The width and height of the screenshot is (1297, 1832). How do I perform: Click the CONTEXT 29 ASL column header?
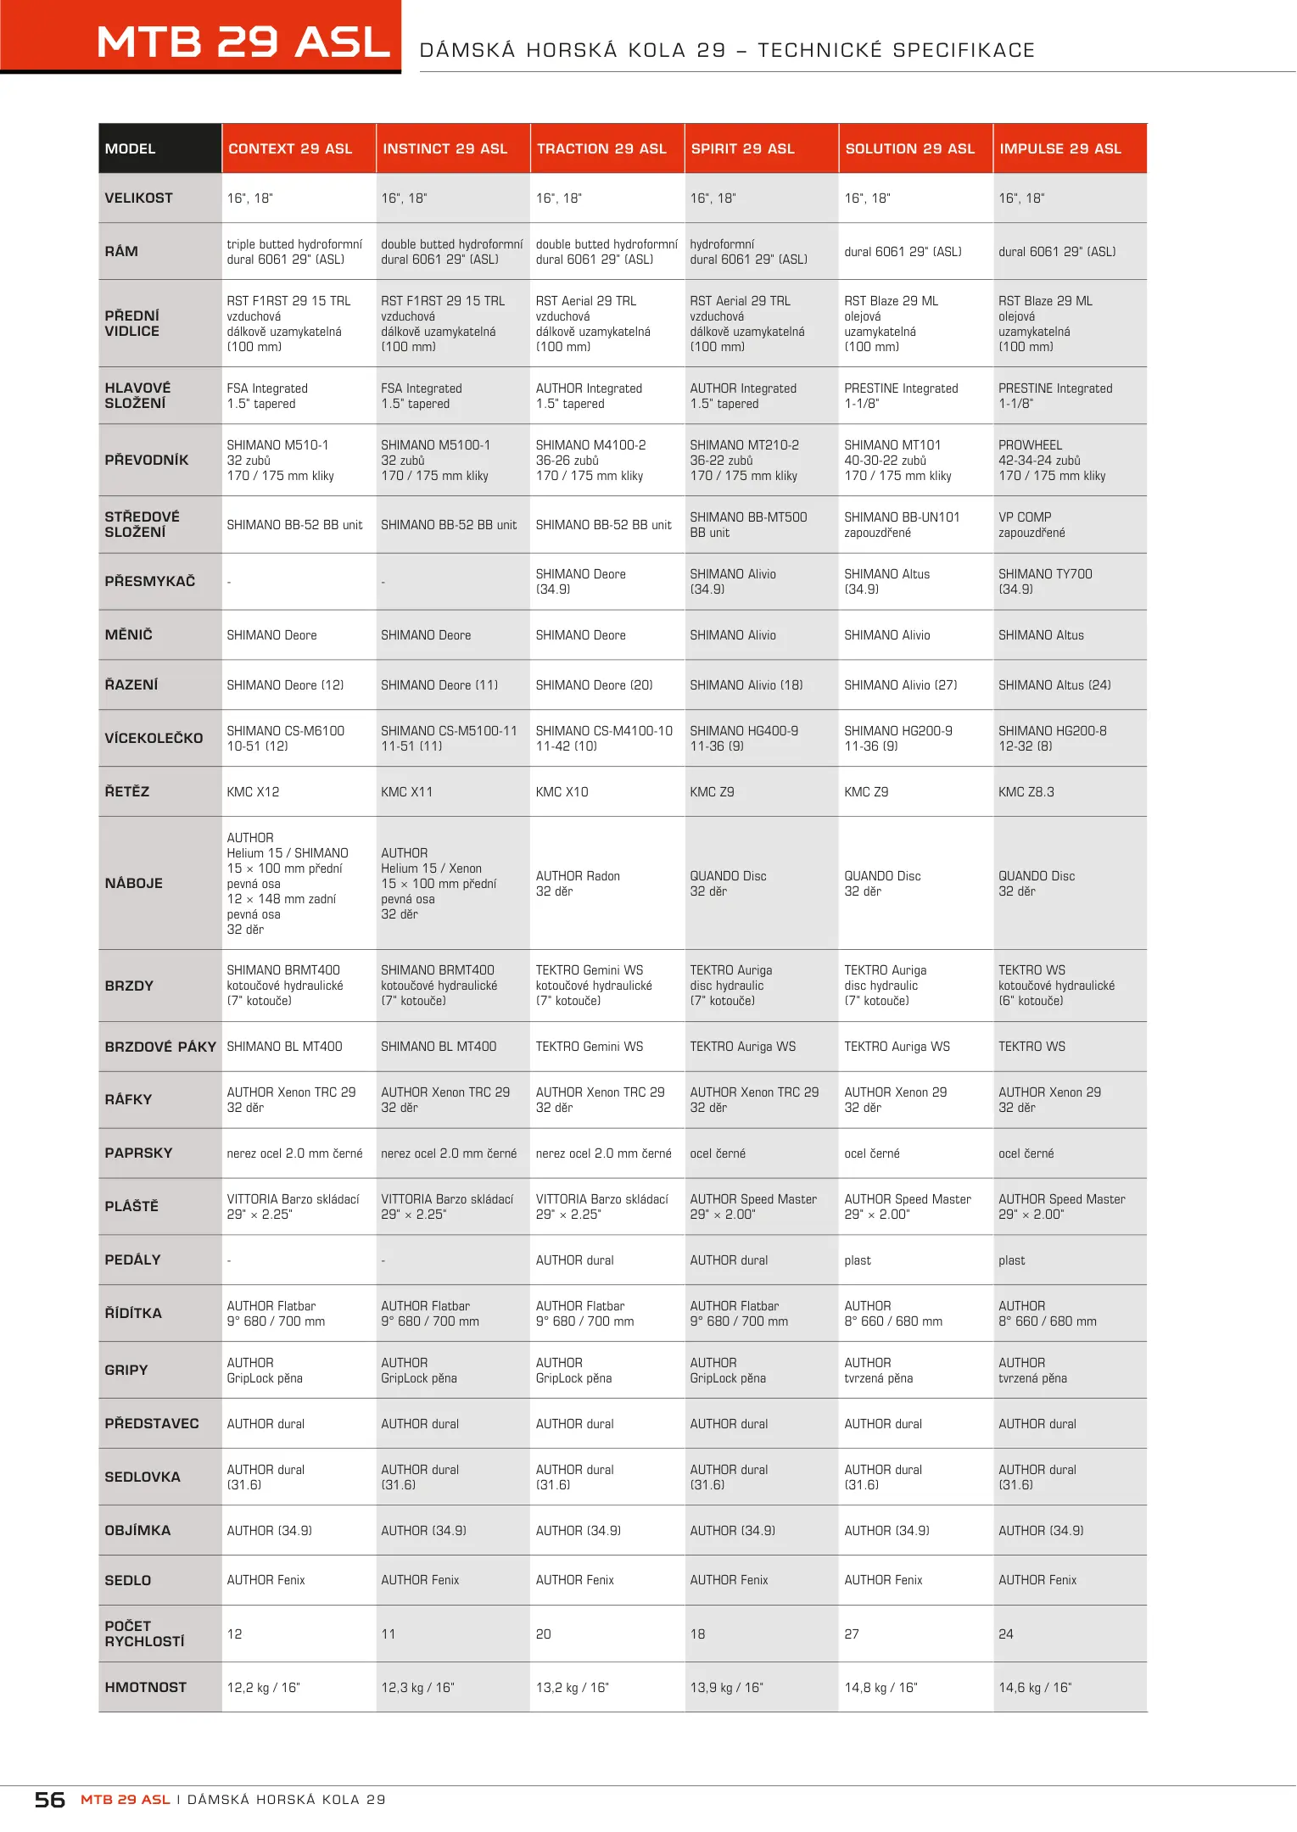click(290, 149)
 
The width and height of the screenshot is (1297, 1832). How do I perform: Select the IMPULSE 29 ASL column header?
click(1060, 149)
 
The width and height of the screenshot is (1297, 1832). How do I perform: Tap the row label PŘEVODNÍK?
click(147, 461)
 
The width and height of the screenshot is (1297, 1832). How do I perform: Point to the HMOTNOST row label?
click(146, 1688)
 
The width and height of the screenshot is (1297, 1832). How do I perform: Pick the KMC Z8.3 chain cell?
click(1026, 792)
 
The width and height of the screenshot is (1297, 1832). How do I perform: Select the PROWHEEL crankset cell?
click(1052, 461)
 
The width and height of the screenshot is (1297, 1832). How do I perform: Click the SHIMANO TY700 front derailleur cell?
click(1045, 582)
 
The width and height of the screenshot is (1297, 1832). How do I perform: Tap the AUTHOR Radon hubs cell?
click(578, 884)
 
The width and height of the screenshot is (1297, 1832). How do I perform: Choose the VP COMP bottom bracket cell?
click(1031, 525)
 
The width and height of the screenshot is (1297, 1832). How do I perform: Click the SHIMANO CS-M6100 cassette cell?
click(285, 739)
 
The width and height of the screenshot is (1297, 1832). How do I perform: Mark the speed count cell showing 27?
click(852, 1634)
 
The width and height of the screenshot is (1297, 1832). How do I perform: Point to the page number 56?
click(50, 1800)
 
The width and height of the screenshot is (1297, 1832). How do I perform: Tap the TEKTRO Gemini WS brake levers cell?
click(590, 1047)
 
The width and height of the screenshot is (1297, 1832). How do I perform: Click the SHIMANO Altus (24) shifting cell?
click(1054, 685)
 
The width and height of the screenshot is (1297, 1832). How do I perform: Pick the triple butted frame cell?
click(294, 252)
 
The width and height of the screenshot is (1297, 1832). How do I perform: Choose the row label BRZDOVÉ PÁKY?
click(160, 1047)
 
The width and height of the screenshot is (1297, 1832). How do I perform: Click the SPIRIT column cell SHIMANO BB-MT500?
click(748, 525)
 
